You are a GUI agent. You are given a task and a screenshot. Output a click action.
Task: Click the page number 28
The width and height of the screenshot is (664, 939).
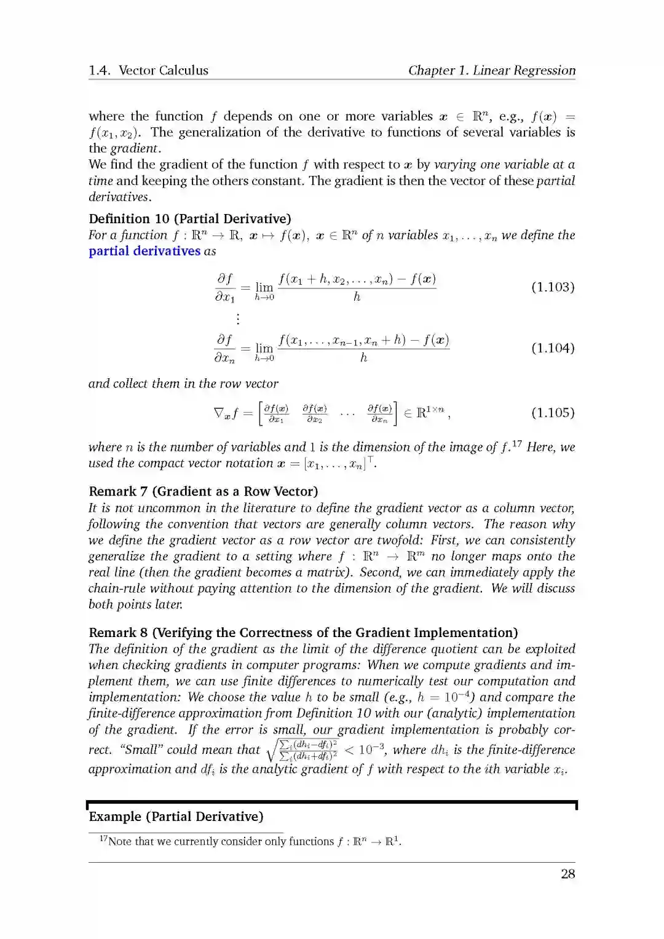[x=567, y=874]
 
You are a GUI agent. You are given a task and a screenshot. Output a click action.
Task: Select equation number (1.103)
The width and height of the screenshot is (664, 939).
[x=553, y=287]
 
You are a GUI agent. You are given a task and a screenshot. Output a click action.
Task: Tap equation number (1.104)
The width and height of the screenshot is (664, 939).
[x=553, y=348]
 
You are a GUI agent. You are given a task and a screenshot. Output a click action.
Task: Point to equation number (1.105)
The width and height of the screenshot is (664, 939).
[x=553, y=413]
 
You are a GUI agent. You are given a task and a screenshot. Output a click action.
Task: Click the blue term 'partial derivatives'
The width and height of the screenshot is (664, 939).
[x=144, y=251]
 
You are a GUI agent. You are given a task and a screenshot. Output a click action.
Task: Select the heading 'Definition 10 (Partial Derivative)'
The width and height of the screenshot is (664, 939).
[x=190, y=219]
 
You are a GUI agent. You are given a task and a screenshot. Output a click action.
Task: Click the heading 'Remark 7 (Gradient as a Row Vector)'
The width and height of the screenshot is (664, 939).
[x=203, y=491]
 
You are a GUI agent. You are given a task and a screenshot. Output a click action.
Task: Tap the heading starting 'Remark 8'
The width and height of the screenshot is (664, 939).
[x=303, y=633]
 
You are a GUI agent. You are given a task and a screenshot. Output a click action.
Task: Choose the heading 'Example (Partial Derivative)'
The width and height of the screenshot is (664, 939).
[x=176, y=817]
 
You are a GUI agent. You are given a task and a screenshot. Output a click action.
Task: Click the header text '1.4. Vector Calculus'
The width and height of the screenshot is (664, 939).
[x=148, y=70]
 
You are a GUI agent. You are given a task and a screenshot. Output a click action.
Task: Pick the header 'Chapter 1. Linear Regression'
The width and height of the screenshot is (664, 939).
[x=492, y=70]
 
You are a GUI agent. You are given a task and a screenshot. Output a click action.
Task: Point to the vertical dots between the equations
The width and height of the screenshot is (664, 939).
[x=238, y=319]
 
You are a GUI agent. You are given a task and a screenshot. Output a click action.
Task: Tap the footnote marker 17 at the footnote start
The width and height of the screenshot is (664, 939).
[x=104, y=839]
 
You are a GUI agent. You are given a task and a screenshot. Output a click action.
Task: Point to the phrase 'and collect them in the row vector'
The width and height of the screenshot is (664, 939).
[x=183, y=384]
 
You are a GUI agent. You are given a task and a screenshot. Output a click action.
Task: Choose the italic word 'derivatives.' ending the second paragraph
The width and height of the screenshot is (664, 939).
[x=120, y=197]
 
